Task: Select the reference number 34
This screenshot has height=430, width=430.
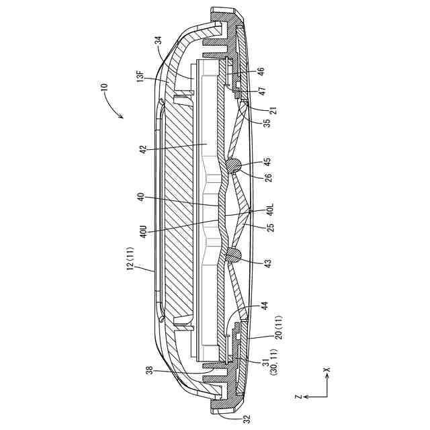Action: coord(159,43)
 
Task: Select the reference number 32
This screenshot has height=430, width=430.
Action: coord(247,418)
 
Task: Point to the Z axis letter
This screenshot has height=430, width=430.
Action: coord(297,398)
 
